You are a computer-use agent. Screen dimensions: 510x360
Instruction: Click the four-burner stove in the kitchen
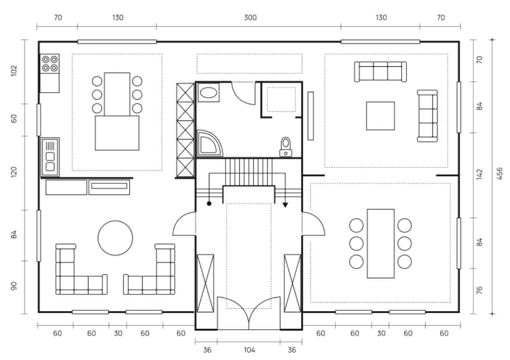pyautogui.click(x=50, y=64)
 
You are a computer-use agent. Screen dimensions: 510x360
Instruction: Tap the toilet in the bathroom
pyautogui.click(x=285, y=147)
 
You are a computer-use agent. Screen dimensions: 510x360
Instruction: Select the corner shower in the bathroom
pyautogui.click(x=209, y=144)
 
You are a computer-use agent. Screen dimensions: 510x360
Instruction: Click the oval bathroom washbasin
pyautogui.click(x=209, y=93)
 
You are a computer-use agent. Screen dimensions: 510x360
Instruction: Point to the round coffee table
pyautogui.click(x=115, y=238)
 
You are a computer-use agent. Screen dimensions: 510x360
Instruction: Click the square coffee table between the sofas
pyautogui.click(x=380, y=116)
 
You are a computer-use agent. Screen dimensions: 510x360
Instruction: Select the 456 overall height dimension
pyautogui.click(x=500, y=174)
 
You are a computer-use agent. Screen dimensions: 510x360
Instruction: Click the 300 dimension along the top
pyautogui.click(x=250, y=17)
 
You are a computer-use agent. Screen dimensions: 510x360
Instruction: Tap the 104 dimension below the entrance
pyautogui.click(x=249, y=350)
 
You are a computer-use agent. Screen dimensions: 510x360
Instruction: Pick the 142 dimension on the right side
pyautogui.click(x=480, y=174)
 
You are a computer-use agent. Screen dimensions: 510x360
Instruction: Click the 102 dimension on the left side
pyautogui.click(x=14, y=71)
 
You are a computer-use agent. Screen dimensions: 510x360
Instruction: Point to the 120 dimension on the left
pyautogui.click(x=14, y=172)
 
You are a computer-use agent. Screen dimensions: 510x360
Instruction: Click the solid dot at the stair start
pyautogui.click(x=209, y=204)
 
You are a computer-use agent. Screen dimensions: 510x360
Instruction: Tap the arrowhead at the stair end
pyautogui.click(x=285, y=205)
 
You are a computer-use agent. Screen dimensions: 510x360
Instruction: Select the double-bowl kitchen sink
pyautogui.click(x=50, y=157)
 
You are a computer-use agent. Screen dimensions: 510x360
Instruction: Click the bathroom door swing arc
pyautogui.click(x=243, y=97)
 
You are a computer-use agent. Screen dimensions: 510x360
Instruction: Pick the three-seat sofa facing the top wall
pyautogui.click(x=380, y=72)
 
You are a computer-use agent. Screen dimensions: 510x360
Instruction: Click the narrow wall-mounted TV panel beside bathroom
pyautogui.click(x=310, y=116)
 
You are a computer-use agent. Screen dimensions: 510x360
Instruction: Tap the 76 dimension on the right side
pyautogui.click(x=480, y=290)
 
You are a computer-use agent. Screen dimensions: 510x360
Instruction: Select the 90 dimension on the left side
pyautogui.click(x=14, y=286)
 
